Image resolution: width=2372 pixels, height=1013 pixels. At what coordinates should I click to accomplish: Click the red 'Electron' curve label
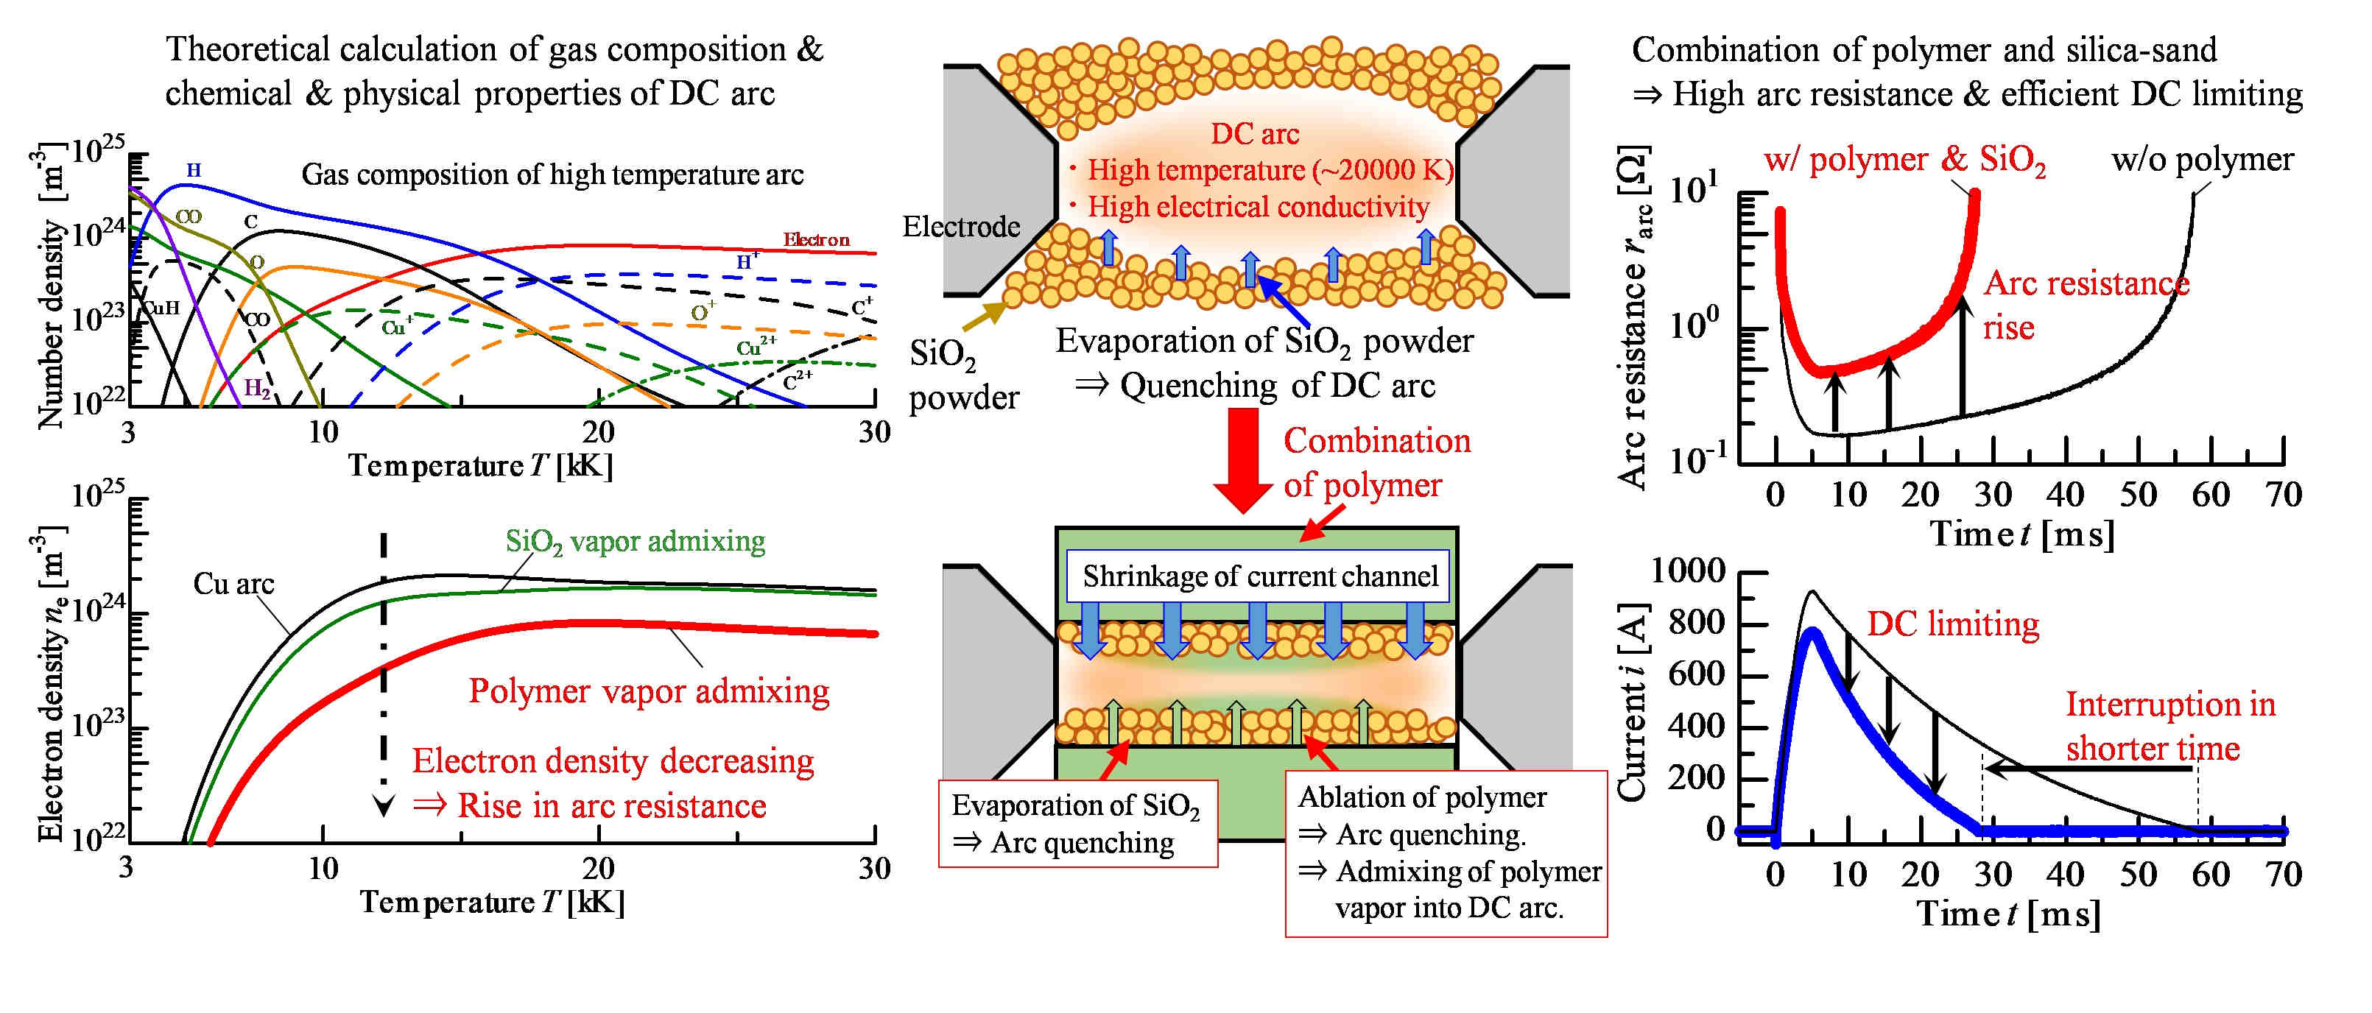(816, 239)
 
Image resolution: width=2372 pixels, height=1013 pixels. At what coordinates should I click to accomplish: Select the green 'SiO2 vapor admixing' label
(636, 542)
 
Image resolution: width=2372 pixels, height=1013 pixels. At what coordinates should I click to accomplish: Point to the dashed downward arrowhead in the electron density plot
(383, 807)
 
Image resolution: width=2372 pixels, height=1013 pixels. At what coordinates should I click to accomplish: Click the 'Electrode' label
(960, 227)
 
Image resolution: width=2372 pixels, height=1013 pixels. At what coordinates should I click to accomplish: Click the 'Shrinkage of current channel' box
(1259, 576)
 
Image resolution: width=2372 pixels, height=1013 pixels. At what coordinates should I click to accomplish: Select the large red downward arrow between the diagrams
(1243, 460)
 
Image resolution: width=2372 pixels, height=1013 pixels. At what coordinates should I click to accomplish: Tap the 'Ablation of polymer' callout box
(1446, 853)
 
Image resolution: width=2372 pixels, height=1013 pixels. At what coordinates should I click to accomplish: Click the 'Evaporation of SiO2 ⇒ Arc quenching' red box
(1077, 823)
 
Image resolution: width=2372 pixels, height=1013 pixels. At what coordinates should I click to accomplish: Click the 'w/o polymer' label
(2200, 159)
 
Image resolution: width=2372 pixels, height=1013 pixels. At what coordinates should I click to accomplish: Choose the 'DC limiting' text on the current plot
(1952, 624)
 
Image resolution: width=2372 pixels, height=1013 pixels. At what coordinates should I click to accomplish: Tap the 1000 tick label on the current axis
(1687, 571)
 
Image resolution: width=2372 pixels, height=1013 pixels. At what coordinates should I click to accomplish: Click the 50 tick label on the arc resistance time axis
(2137, 495)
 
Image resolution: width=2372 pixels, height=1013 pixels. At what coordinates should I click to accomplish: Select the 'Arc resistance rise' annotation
(2085, 304)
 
